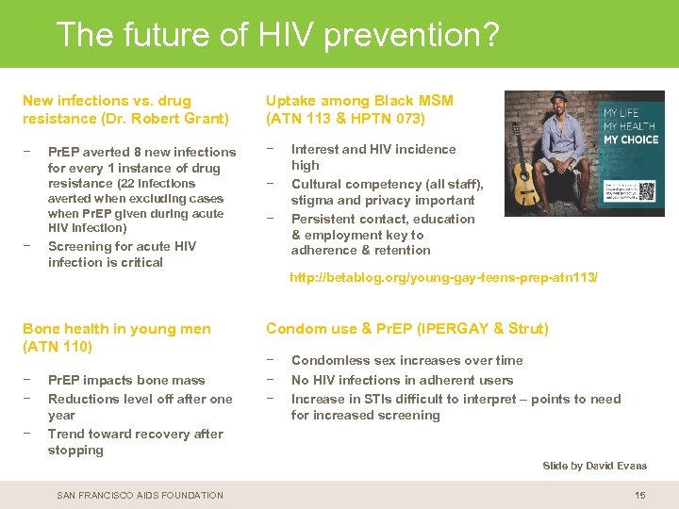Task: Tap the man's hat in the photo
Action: coord(553,98)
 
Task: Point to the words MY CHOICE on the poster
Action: coord(632,140)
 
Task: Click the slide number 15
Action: coord(640,495)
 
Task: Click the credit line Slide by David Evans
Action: coord(594,466)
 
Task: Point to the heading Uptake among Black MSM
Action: coord(359,100)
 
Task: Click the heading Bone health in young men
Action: coord(117,328)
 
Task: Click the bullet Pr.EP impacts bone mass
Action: coord(126,380)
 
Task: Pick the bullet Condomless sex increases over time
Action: coord(406,360)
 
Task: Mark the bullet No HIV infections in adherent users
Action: coord(402,380)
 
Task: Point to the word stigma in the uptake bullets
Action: coord(310,200)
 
